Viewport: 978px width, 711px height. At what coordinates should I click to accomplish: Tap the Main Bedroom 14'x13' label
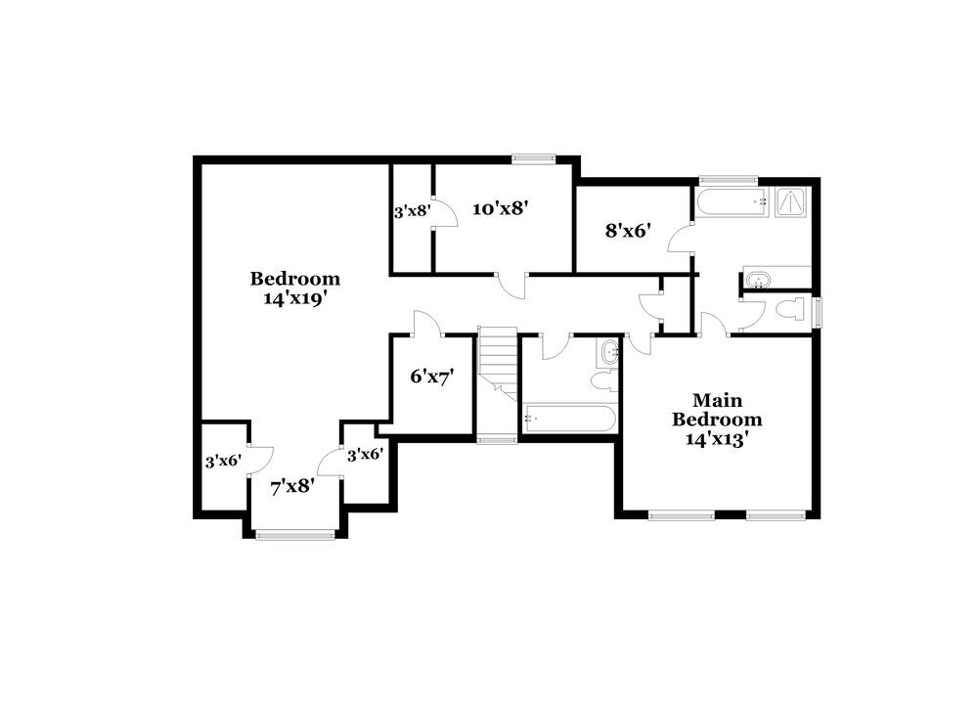(718, 420)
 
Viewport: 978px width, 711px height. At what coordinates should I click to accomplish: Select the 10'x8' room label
(501, 207)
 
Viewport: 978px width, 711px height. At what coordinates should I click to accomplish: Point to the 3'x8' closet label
(412, 210)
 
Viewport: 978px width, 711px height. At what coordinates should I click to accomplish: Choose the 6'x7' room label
(431, 375)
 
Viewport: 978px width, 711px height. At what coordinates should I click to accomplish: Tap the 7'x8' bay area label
(291, 484)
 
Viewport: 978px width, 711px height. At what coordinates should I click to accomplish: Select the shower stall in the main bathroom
(791, 202)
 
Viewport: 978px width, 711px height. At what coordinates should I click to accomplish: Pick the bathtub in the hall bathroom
(569, 419)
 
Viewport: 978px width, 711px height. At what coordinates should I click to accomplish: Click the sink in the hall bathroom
(609, 351)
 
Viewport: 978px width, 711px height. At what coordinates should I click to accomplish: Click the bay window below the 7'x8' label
(294, 534)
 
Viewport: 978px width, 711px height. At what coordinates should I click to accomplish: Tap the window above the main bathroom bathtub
(729, 180)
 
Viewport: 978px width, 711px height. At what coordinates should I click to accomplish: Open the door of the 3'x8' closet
(446, 214)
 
